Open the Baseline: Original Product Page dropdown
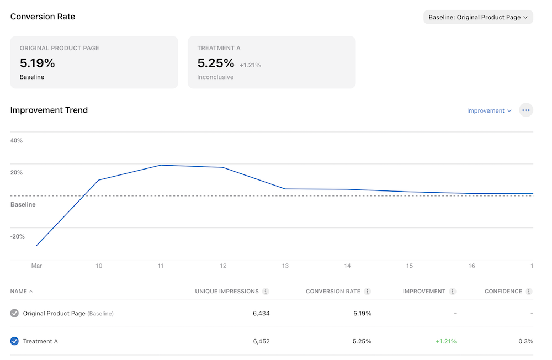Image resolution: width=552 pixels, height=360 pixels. pyautogui.click(x=478, y=17)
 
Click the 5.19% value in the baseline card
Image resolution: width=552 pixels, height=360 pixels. pyautogui.click(x=38, y=63)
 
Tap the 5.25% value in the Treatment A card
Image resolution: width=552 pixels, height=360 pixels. pyautogui.click(x=216, y=63)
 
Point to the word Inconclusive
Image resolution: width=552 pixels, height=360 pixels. pyautogui.click(x=215, y=77)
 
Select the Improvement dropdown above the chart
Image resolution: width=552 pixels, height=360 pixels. pyautogui.click(x=489, y=110)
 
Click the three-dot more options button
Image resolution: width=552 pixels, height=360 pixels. pyautogui.click(x=526, y=110)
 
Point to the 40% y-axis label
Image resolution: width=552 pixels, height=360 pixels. pyautogui.click(x=17, y=141)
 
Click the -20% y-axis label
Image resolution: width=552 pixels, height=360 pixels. pyautogui.click(x=18, y=236)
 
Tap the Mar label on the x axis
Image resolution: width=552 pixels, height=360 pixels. pyautogui.click(x=36, y=266)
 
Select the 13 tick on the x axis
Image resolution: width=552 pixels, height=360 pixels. pyautogui.click(x=285, y=266)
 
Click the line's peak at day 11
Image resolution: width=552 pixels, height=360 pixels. pyautogui.click(x=161, y=165)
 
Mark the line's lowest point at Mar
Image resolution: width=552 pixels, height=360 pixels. pyautogui.click(x=36, y=245)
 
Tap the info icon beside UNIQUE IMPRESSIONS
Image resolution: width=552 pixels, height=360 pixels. pyautogui.click(x=266, y=292)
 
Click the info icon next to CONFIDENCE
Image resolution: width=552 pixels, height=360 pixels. pyautogui.click(x=529, y=292)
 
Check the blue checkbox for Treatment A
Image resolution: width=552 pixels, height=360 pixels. pyautogui.click(x=14, y=341)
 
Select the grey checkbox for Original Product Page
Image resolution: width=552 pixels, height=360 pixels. pyautogui.click(x=14, y=314)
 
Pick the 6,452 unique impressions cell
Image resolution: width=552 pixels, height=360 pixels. pyautogui.click(x=261, y=341)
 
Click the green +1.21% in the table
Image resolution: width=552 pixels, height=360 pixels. pyautogui.click(x=446, y=341)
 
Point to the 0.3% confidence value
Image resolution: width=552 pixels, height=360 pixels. pyautogui.click(x=526, y=341)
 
